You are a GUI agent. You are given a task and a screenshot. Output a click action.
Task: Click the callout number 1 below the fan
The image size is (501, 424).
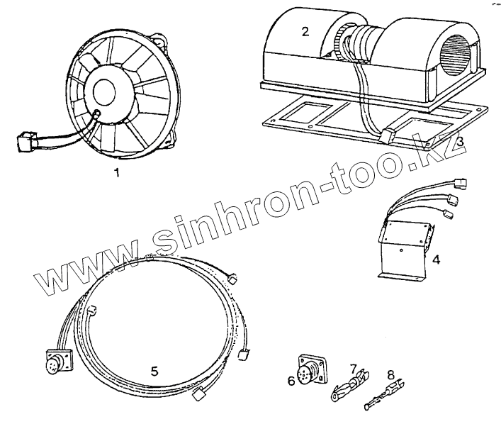coord(116,173)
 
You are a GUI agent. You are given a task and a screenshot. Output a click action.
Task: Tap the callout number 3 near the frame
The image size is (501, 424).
coord(460,142)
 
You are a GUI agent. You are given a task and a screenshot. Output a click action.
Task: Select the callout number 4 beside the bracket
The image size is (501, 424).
coord(437,260)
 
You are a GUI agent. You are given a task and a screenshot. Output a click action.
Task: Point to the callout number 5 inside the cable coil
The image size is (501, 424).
coord(154,370)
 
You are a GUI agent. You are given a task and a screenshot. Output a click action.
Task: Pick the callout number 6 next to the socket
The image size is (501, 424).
coord(291,381)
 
